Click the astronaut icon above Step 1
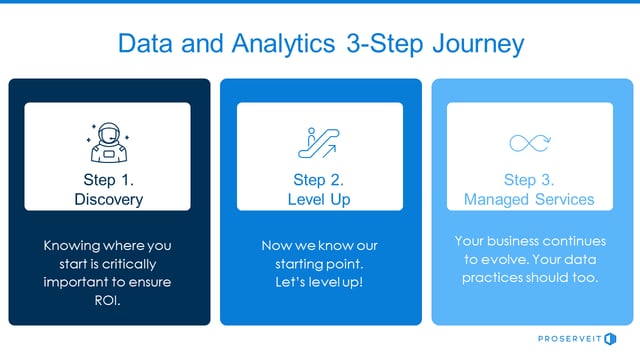point(108,142)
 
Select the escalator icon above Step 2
point(319,142)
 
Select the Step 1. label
point(108,181)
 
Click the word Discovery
point(108,200)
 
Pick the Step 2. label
point(319,181)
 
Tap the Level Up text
point(319,200)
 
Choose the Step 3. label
point(529,181)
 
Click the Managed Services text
point(529,200)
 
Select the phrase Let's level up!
point(319,282)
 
